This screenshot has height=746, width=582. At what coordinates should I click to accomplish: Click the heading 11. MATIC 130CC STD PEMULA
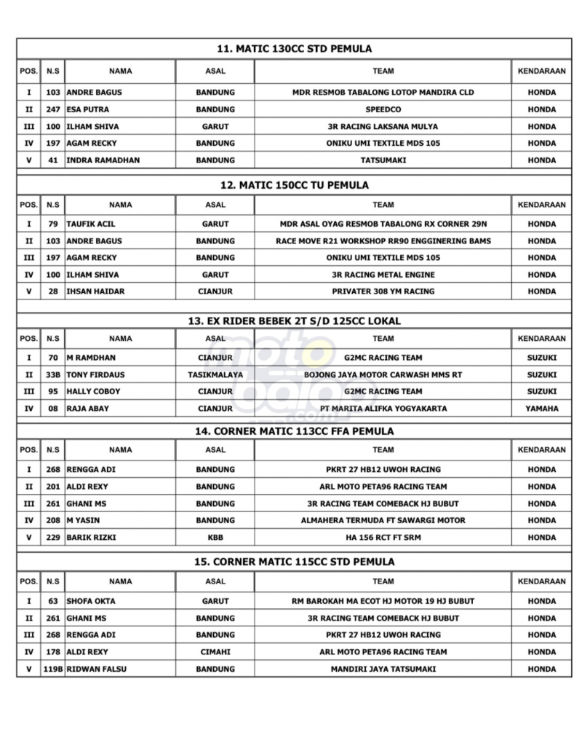[x=295, y=49]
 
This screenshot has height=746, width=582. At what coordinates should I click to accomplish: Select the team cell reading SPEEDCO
[x=383, y=109]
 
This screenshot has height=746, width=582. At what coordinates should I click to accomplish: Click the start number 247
[x=52, y=109]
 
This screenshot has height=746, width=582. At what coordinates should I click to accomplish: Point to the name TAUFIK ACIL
[x=90, y=224]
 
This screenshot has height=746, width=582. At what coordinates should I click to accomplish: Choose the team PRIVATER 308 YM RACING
[x=383, y=291]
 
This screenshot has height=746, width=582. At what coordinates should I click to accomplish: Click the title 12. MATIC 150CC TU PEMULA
[x=295, y=185]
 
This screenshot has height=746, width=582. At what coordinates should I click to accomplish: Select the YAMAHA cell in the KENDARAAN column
[x=541, y=409]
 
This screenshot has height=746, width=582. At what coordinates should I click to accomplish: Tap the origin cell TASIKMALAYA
[x=215, y=374]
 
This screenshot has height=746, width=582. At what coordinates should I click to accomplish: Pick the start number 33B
[x=52, y=374]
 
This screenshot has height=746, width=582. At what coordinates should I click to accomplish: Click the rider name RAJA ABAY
[x=87, y=409]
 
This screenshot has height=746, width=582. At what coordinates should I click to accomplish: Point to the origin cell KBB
[x=215, y=537]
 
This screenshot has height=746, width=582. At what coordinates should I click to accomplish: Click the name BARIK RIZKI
[x=90, y=537]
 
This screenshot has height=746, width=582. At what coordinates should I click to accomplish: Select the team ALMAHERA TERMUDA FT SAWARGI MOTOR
[x=383, y=520]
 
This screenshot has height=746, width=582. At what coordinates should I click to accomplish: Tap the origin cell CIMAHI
[x=215, y=651]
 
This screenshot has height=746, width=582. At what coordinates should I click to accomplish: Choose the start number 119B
[x=52, y=669]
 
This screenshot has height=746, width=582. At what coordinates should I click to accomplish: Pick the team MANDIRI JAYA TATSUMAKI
[x=383, y=669]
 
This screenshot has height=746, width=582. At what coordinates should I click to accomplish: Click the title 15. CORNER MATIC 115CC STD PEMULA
[x=295, y=562]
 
